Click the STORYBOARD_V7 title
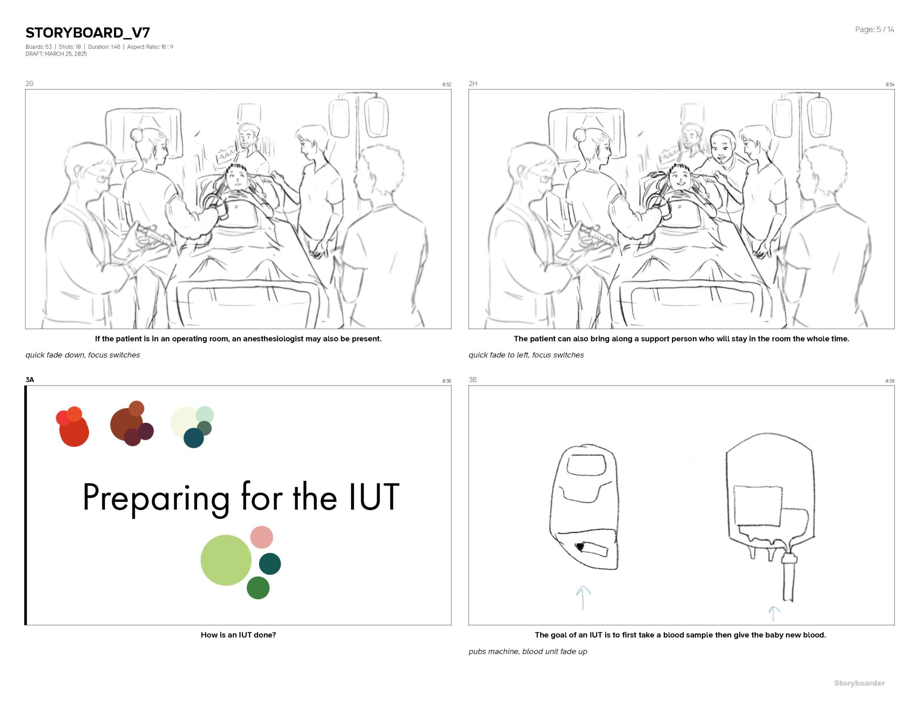(x=88, y=32)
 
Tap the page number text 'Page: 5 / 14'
(x=874, y=29)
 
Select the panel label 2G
(x=29, y=83)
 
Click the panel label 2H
(x=473, y=83)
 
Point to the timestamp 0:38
(x=890, y=381)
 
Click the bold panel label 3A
(x=29, y=380)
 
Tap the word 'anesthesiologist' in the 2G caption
(x=273, y=339)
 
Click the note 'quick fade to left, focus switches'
(x=526, y=355)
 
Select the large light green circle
(x=226, y=560)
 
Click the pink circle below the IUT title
(x=262, y=537)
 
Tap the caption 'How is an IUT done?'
(x=238, y=635)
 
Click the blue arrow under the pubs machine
(x=583, y=598)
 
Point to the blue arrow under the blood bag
(x=773, y=614)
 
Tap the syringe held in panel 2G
(x=154, y=237)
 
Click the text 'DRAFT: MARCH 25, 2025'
(x=56, y=54)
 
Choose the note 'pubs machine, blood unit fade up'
(x=528, y=652)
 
